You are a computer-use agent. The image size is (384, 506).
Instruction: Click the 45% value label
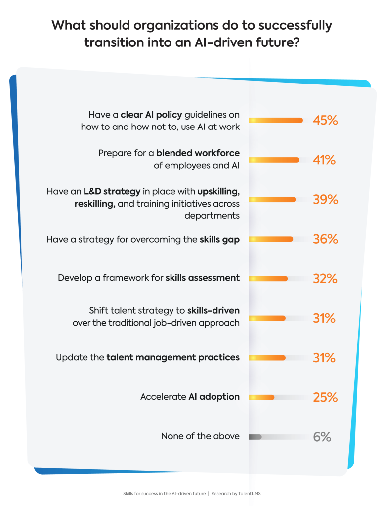[x=325, y=120]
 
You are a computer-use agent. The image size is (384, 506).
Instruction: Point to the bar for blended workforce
[x=274, y=160]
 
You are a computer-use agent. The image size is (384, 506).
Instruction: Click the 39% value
[x=325, y=199]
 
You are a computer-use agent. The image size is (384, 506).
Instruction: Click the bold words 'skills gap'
[x=219, y=239]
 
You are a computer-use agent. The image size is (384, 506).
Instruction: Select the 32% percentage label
[x=325, y=279]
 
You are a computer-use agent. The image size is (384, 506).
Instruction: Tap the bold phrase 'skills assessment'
[x=202, y=278]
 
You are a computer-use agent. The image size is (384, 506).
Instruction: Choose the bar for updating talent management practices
[x=267, y=358]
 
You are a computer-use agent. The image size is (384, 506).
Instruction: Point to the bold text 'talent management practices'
[x=173, y=357]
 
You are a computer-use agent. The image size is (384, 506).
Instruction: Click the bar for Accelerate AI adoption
[x=262, y=397]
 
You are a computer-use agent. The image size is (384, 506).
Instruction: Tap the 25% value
[x=325, y=397]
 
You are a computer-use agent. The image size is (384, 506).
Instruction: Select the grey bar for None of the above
[x=255, y=437]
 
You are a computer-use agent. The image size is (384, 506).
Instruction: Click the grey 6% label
[x=322, y=437]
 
